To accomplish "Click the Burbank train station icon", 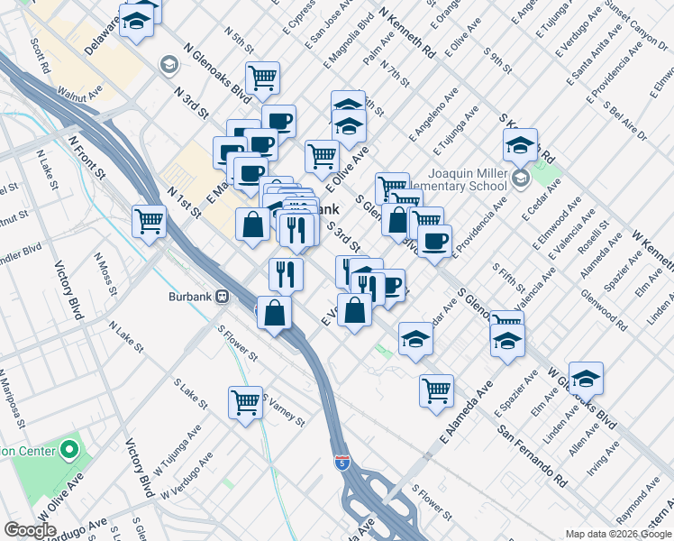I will (220, 296).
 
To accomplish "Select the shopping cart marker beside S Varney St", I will (245, 402).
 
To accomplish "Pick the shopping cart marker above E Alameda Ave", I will (436, 390).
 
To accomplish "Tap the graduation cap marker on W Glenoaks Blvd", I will (586, 378).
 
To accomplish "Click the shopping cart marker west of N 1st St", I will (149, 220).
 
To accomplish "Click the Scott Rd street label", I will (43, 55).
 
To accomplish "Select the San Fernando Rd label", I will (533, 452).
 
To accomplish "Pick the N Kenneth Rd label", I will (407, 32).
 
